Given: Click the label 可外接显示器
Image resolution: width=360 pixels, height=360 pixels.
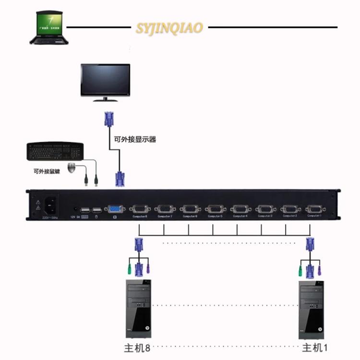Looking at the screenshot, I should coord(135,140).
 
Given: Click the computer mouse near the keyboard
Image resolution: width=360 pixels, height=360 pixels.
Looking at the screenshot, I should coord(72,168).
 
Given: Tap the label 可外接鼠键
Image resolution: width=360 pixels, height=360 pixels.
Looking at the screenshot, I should coord(46,171).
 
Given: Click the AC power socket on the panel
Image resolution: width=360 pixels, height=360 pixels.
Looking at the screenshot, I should coord(50,205).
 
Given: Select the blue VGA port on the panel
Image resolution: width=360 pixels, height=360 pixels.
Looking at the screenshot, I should coord(115,209).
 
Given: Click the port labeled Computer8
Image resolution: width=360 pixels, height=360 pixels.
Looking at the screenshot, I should coord(140,209).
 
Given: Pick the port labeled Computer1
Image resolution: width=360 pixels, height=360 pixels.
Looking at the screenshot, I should coord(314,209).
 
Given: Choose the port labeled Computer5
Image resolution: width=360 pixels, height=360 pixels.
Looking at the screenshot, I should coord(214,209).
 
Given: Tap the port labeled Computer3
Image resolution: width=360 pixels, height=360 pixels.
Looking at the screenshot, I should coord(264,209).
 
